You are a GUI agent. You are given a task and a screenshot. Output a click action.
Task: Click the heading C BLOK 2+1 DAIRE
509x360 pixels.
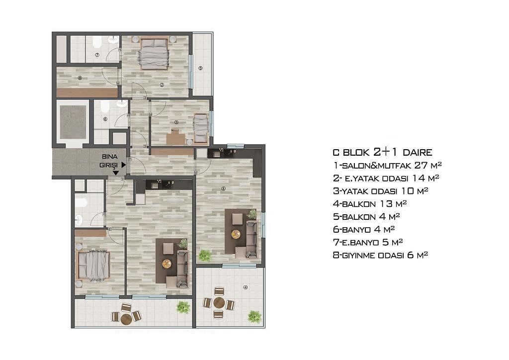tap(382, 152)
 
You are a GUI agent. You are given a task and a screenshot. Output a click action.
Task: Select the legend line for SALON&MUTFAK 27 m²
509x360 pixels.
tap(387, 165)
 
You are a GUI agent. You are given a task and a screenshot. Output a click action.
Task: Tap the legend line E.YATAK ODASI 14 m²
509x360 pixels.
tap(386, 178)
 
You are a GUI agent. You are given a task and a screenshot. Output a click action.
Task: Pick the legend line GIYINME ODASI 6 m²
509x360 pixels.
tap(380, 255)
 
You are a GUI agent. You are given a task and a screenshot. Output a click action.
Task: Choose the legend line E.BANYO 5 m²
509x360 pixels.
tap(368, 242)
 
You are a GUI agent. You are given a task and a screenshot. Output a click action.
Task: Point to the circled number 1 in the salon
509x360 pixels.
tap(223, 188)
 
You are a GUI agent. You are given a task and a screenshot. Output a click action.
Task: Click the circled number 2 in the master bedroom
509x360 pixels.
tap(162, 85)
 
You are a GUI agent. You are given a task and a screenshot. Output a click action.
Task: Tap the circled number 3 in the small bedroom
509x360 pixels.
tap(176, 122)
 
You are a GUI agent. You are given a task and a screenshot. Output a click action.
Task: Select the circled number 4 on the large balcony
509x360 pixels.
tap(246, 287)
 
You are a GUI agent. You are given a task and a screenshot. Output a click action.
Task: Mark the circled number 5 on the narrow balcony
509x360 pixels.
tap(200, 68)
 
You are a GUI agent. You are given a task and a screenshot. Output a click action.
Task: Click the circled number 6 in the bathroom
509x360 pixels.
tap(105, 119)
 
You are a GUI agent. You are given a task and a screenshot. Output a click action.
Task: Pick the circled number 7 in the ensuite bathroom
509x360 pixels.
tap(97, 55)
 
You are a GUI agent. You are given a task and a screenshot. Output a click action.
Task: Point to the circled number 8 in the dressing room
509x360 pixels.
tap(80, 78)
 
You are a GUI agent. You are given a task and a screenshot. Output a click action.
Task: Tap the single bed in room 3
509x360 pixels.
tap(201, 128)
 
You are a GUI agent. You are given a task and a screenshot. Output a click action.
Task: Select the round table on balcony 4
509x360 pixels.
tap(219, 302)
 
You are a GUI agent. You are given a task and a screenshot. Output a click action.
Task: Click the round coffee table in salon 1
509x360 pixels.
tap(236, 234)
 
